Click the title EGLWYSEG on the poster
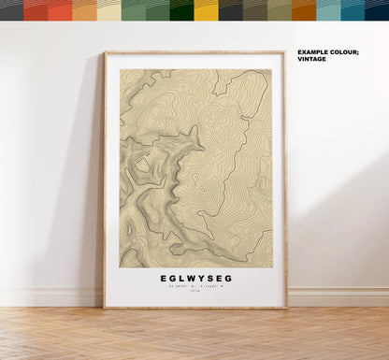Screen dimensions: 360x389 [x=194, y=279]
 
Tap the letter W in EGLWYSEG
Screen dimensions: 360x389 [x=190, y=279]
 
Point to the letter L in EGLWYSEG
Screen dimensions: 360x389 [x=180, y=279]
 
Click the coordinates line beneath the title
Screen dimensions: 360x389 [x=194, y=288]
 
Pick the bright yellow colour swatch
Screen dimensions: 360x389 [x=206, y=10]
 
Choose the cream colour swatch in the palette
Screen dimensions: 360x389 [x=108, y=10]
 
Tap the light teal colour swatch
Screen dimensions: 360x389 [x=328, y=10]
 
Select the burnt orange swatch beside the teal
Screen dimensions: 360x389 [x=304, y=10]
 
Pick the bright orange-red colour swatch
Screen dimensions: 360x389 [x=60, y=10]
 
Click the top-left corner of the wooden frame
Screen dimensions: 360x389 [x=106, y=52]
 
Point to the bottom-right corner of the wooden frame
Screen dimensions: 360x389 [x=285, y=307]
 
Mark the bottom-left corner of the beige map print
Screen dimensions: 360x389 [x=120, y=266]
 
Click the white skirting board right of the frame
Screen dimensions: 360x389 [x=337, y=296]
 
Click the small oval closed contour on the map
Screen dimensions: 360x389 [x=142, y=166]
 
